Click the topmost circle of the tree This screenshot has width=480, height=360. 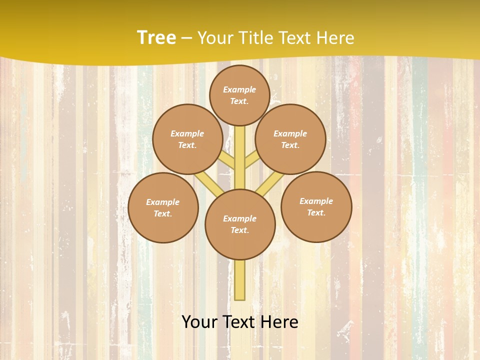239,95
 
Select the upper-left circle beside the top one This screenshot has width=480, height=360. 187,139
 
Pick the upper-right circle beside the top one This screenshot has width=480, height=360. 290,139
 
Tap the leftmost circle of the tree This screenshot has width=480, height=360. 163,207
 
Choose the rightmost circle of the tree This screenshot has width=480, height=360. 316,206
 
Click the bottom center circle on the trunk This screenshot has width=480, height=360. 240,224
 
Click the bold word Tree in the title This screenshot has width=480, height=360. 156,37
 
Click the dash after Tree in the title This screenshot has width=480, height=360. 186,38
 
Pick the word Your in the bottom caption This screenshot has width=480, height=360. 200,322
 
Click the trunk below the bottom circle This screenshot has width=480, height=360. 240,280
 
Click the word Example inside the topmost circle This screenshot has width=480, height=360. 239,89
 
